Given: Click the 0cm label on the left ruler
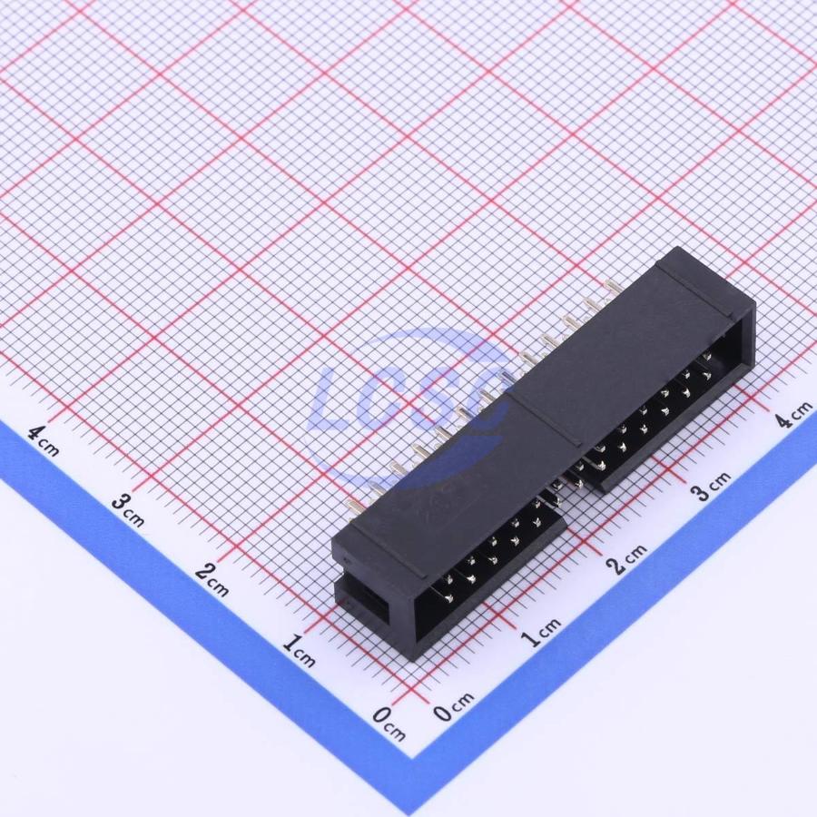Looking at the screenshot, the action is (389, 723).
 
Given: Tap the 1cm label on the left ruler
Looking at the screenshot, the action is (299, 651).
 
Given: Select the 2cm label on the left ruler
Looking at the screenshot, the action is (212, 580).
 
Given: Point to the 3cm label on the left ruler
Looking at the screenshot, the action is (128, 510).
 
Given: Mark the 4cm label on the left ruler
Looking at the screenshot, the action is (44, 441).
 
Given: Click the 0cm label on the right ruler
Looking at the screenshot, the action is (454, 707).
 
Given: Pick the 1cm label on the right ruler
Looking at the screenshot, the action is (541, 632).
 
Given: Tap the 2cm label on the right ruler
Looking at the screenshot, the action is (626, 559).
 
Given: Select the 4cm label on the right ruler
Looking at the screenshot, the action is (793, 414).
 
